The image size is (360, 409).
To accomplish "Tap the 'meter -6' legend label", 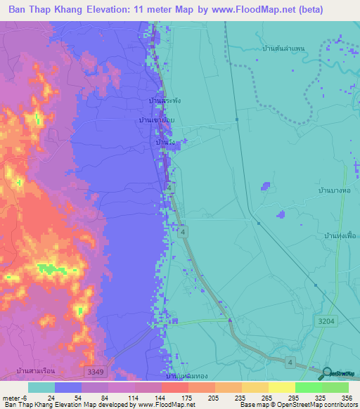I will pos(13,397).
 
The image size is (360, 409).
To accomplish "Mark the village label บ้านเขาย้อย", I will pos(155,121).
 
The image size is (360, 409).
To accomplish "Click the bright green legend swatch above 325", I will pos(308,387).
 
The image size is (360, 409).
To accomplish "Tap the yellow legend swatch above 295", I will pos(281,387).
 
